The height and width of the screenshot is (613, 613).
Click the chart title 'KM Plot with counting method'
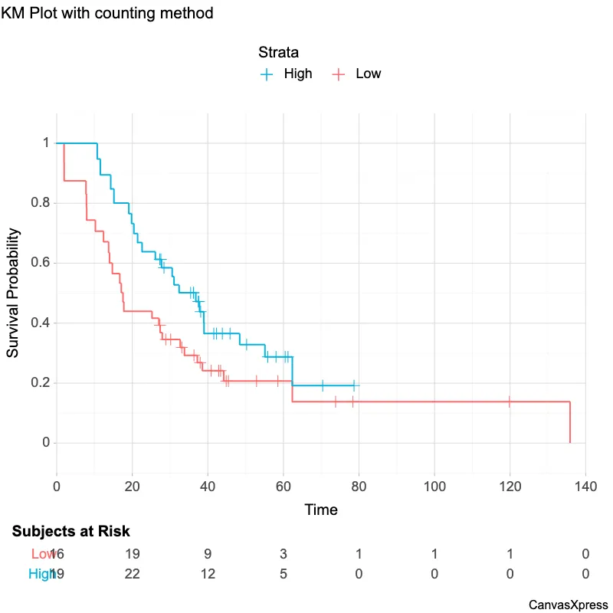(x=107, y=14)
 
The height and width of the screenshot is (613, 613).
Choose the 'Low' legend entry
(x=368, y=74)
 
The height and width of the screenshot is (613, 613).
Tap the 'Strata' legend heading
(x=278, y=53)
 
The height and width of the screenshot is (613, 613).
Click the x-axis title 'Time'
(x=321, y=510)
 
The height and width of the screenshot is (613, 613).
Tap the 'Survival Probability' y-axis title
(x=13, y=293)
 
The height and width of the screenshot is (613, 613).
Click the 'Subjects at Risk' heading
(x=70, y=531)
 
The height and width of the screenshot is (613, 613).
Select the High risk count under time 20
(x=132, y=574)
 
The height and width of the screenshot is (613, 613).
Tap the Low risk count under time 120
(x=510, y=554)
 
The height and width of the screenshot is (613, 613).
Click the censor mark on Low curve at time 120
(x=510, y=402)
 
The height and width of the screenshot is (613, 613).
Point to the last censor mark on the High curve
(x=353, y=385)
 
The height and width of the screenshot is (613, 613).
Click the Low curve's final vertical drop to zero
(x=570, y=422)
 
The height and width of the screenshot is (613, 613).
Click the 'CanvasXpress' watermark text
(x=568, y=605)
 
